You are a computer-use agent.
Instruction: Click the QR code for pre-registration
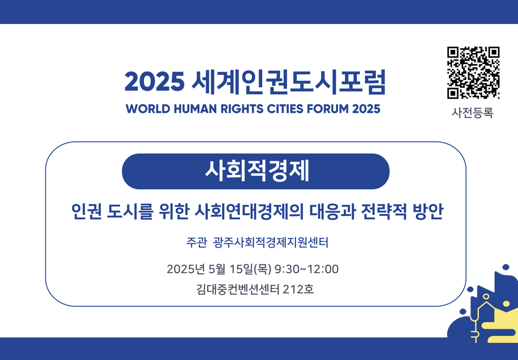(473, 73)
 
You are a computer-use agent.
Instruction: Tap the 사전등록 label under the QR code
(472, 113)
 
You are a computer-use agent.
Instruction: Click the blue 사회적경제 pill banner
(256, 171)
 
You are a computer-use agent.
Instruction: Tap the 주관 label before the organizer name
(197, 243)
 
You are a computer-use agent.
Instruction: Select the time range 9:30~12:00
(306, 269)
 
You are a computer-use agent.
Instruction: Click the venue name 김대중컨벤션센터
(237, 289)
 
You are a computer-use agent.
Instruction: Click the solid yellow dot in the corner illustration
(506, 303)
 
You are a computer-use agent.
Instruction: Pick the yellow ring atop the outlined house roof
(485, 297)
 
